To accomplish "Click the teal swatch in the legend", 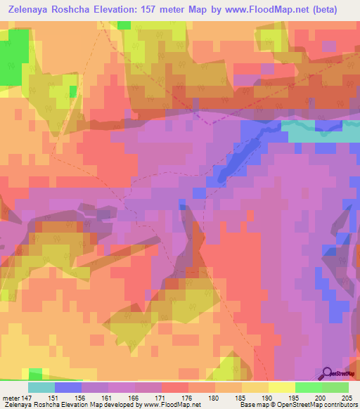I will [x=41, y=387].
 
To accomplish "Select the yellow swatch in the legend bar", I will [x=281, y=387].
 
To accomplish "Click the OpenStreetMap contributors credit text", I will [x=330, y=405].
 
